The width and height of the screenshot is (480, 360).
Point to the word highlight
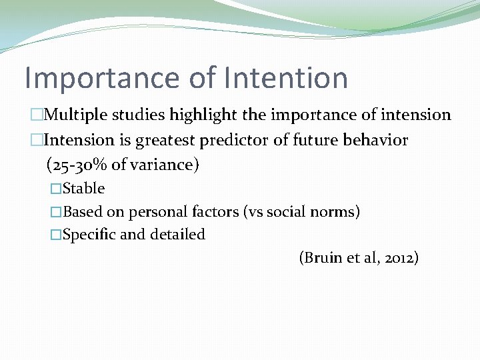point(203,115)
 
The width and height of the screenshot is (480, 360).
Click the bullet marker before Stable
point(56,189)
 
